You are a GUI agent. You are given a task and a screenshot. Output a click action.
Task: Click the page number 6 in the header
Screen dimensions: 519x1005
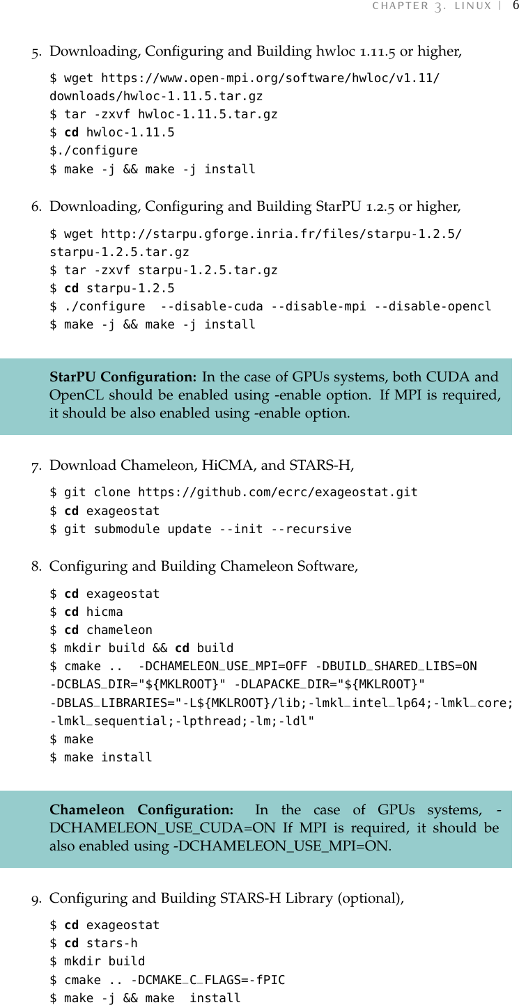[x=515, y=6]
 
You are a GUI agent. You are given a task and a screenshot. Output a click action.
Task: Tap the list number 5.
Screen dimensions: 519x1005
[x=36, y=52]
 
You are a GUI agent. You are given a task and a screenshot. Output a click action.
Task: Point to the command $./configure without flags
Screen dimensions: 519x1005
[x=93, y=150]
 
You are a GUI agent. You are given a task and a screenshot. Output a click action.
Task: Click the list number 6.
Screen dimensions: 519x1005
[x=36, y=207]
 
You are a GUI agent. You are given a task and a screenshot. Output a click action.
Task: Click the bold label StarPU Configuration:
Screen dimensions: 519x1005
[x=123, y=377]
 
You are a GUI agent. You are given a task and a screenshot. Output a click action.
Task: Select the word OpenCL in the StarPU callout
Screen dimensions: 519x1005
[x=72, y=395]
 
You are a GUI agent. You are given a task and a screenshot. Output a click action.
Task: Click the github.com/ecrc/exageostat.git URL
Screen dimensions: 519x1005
[x=278, y=492]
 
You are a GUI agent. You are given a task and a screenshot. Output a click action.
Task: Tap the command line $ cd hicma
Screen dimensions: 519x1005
[x=86, y=612]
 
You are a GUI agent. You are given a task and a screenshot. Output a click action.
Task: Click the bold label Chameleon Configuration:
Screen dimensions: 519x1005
[x=141, y=810]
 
